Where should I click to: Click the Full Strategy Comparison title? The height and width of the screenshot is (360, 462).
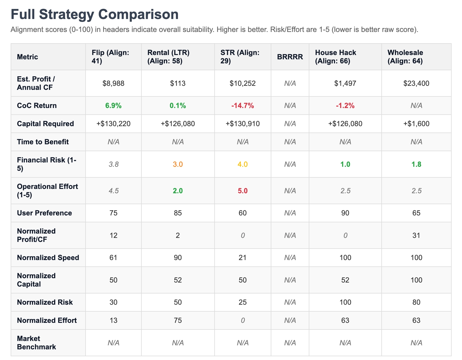(x=94, y=14)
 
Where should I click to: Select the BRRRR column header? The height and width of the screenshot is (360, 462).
(x=290, y=57)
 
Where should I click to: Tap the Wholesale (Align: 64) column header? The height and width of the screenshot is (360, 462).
(x=405, y=57)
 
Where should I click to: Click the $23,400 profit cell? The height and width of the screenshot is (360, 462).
(x=416, y=84)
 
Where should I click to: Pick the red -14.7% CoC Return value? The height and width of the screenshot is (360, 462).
(x=243, y=106)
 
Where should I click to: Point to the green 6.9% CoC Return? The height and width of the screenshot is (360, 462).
(x=113, y=106)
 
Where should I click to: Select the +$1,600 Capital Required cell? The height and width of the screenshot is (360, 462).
(x=416, y=124)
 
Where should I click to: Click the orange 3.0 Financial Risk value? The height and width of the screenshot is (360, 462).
(x=178, y=164)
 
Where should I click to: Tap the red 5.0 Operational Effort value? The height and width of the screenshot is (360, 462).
(x=243, y=191)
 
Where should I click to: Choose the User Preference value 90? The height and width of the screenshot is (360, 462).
(x=345, y=213)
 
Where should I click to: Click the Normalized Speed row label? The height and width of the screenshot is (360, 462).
(x=48, y=258)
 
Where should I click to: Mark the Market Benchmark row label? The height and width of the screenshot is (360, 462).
(x=36, y=343)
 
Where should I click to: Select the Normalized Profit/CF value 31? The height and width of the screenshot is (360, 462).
(x=416, y=236)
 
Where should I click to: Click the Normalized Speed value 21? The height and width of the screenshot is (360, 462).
(x=243, y=258)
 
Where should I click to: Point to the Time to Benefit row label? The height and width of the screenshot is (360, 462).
(x=43, y=142)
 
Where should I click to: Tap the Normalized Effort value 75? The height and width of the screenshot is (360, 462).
(x=178, y=321)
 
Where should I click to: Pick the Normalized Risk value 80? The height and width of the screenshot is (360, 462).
(x=416, y=302)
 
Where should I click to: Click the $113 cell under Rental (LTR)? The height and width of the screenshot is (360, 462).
(x=178, y=84)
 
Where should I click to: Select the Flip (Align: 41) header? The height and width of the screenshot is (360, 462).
(x=110, y=57)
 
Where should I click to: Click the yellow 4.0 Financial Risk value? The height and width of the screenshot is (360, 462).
(x=243, y=164)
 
